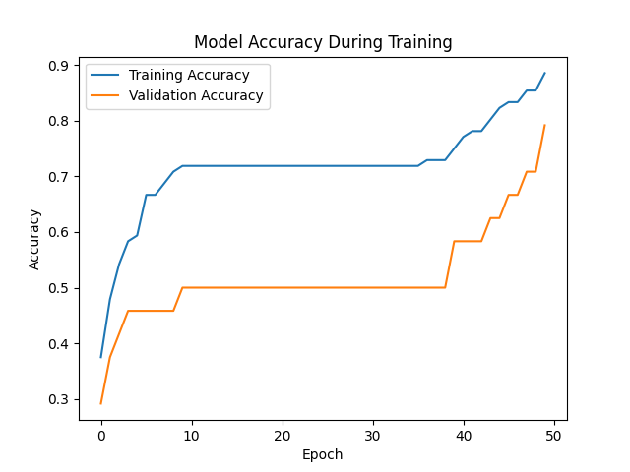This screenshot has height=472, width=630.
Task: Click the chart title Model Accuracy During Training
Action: pyautogui.click(x=323, y=42)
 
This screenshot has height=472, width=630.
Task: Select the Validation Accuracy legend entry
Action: pyautogui.click(x=197, y=95)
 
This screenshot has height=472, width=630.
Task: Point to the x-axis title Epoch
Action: pyautogui.click(x=323, y=454)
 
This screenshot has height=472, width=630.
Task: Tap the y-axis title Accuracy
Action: pyautogui.click(x=34, y=239)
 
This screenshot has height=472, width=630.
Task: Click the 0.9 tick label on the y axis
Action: pyautogui.click(x=59, y=66)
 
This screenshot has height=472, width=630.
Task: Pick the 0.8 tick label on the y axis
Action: pyautogui.click(x=59, y=121)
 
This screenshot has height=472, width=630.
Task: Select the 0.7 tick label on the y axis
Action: pyautogui.click(x=59, y=177)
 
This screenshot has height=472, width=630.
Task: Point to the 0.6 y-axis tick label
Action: pyautogui.click(x=59, y=233)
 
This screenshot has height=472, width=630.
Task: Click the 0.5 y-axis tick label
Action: pyautogui.click(x=59, y=288)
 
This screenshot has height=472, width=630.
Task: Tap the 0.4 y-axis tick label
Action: pyautogui.click(x=59, y=344)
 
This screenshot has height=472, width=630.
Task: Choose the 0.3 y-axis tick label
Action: pyautogui.click(x=59, y=399)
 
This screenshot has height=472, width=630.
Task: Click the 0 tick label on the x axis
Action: pyautogui.click(x=101, y=436)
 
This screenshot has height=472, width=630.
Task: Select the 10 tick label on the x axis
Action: pyautogui.click(x=192, y=436)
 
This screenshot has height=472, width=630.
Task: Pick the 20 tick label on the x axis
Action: pyautogui.click(x=283, y=436)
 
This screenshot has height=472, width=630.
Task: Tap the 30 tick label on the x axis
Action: pyautogui.click(x=373, y=436)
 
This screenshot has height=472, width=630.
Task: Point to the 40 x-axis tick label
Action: pyautogui.click(x=464, y=436)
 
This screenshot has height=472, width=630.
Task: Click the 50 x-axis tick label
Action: pyautogui.click(x=554, y=436)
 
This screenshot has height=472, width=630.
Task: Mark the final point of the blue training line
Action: pyautogui.click(x=544, y=73)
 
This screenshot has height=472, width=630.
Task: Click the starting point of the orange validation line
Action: pyautogui.click(x=101, y=403)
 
